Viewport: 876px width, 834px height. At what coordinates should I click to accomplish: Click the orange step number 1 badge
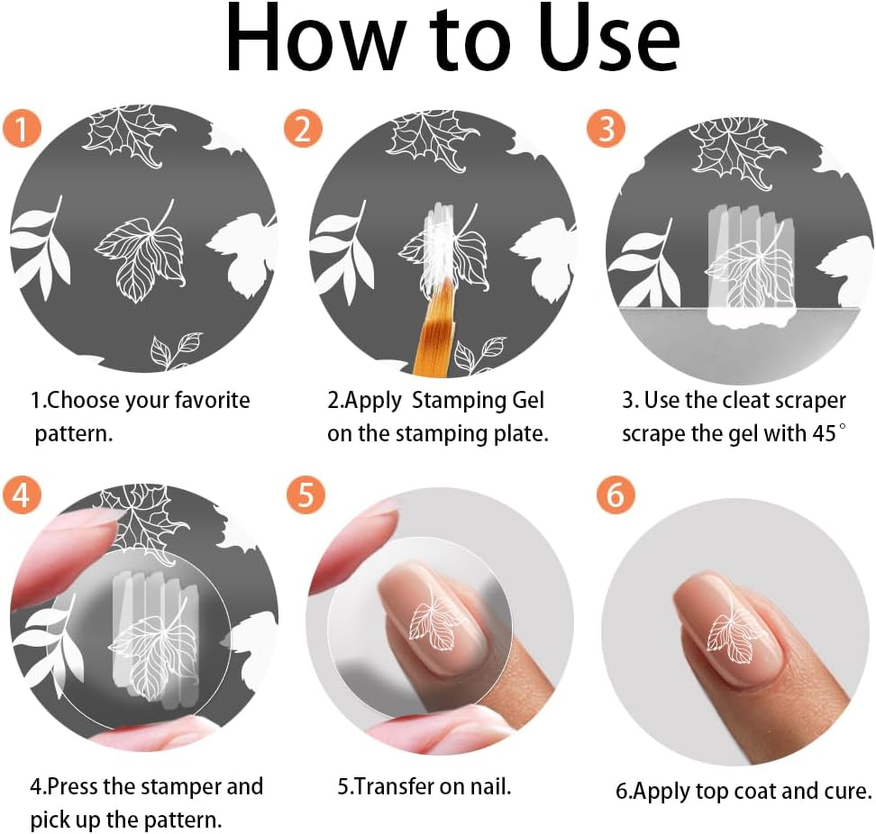coord(22,129)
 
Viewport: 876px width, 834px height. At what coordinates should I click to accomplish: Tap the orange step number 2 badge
coord(303,129)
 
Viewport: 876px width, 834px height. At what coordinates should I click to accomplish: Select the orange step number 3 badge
coord(606,129)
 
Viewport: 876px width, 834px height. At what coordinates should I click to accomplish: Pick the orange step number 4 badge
coord(22,494)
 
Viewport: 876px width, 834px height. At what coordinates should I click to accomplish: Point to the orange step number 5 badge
coord(305,494)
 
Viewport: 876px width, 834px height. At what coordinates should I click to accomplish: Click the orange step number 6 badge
coord(616,494)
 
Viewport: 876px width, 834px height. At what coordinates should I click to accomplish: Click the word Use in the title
coord(608,38)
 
